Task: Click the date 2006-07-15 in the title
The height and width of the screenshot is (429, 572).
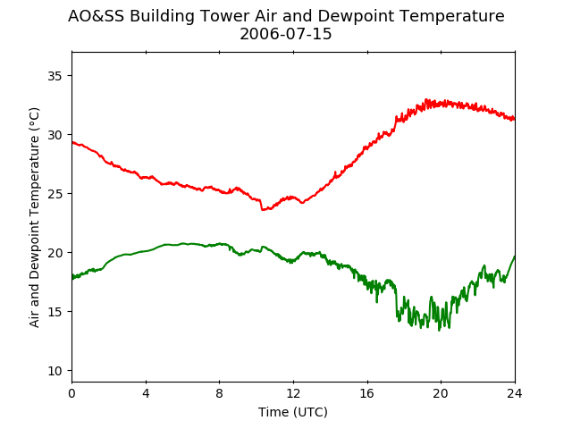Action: point(286,34)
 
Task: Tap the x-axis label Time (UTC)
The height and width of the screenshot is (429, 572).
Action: point(293,412)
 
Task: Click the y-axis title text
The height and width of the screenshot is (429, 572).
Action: point(34,217)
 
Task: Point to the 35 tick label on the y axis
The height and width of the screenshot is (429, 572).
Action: point(55,76)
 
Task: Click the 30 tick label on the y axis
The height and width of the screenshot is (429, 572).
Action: point(55,135)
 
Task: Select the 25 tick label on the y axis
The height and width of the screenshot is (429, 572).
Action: point(55,194)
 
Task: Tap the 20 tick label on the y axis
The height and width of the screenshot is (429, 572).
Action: point(55,253)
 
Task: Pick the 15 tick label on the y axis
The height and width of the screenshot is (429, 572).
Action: point(55,312)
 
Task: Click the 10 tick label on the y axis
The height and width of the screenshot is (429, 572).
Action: point(55,371)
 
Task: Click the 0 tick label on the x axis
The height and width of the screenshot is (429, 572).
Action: point(71,393)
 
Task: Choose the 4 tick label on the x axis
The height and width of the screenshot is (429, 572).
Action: point(146,393)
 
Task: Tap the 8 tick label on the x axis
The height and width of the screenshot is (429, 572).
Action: point(220,393)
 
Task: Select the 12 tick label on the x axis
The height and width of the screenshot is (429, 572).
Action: point(293,393)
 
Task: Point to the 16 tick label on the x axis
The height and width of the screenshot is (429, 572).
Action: point(367,393)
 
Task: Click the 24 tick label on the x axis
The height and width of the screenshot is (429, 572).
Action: point(515,393)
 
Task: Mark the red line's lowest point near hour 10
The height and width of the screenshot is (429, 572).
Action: point(262,210)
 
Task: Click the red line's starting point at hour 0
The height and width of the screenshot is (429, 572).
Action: point(72,142)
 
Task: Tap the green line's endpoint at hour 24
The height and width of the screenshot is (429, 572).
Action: point(515,257)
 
